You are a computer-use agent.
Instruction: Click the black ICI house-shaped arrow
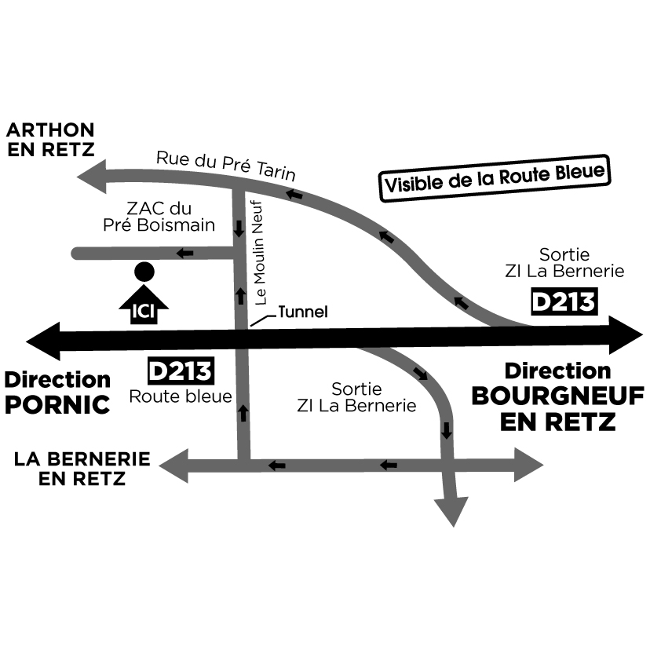tap(144, 305)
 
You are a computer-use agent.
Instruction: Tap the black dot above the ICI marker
tap(144, 272)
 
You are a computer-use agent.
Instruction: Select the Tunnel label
tap(302, 312)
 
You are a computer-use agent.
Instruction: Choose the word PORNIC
tap(57, 405)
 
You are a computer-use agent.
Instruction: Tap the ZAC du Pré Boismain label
tap(159, 217)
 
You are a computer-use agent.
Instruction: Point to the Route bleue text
tap(181, 396)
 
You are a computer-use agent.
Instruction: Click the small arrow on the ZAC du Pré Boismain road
tap(186, 253)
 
